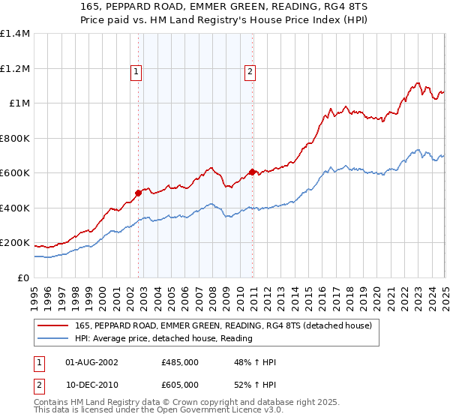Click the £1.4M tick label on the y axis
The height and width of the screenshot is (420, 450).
coord(15,34)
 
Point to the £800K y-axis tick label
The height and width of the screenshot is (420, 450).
coord(15,138)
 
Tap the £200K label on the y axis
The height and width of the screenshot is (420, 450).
coord(15,243)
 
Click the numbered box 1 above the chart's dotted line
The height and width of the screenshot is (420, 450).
coord(136,72)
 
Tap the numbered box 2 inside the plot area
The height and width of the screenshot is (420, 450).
coord(249,72)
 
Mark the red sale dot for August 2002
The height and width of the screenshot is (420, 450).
coord(139,193)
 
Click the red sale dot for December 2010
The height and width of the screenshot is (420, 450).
coord(252,172)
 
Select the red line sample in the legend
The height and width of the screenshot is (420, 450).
coord(52,325)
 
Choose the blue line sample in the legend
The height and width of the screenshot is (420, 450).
coord(52,338)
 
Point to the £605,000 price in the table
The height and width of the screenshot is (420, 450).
coord(180,384)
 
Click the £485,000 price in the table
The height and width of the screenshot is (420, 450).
coord(180,362)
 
